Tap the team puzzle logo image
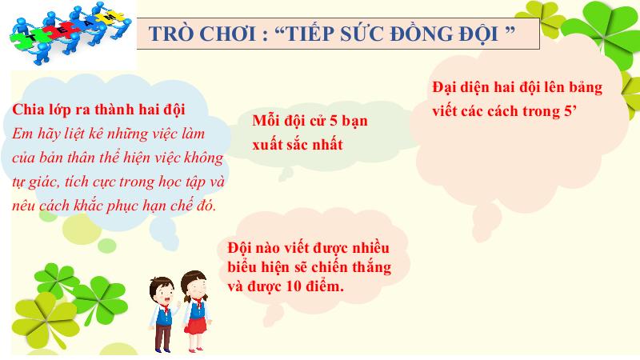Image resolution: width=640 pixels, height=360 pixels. pos(70,32)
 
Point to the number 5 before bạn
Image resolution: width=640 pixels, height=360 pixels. pos(335,121)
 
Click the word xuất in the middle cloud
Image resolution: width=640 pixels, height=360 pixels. pos(268,145)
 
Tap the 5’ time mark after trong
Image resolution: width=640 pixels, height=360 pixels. pos(570,110)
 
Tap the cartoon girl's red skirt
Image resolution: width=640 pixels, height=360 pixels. pos(196,326)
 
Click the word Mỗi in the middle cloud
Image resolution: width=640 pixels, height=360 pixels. pos(266,120)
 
